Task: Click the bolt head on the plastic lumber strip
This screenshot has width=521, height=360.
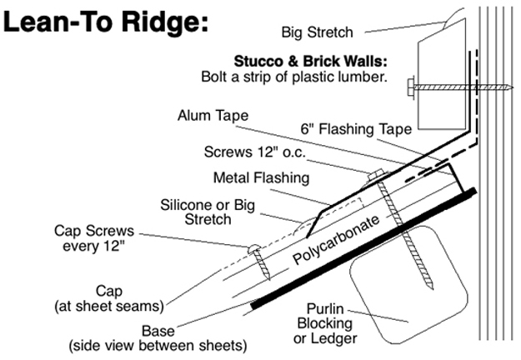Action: [409, 85]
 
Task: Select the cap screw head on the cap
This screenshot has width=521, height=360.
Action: [254, 247]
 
